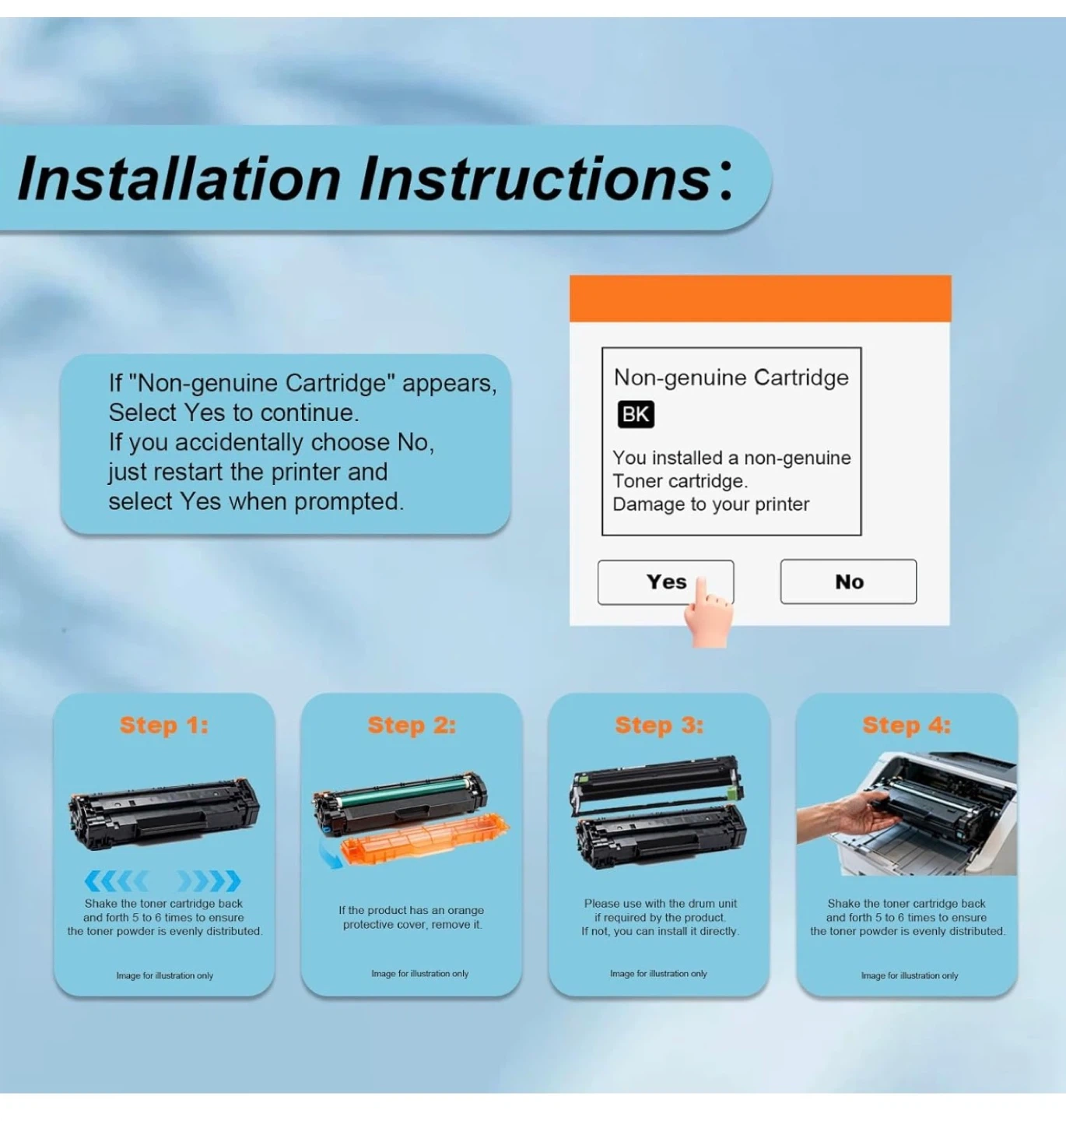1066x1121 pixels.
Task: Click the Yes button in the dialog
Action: [664, 582]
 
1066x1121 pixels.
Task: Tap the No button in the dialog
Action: [848, 582]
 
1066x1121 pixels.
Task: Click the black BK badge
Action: [636, 414]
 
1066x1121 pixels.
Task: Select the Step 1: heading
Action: [164, 726]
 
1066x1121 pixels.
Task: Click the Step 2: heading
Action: [412, 726]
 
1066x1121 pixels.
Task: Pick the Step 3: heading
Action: [660, 726]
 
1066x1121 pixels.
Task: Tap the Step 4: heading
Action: [907, 726]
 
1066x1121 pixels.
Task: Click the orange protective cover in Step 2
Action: [425, 838]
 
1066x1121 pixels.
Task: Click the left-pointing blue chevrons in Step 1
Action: [116, 881]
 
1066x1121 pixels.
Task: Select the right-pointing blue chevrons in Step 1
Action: [209, 881]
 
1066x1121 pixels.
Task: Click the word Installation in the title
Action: [179, 179]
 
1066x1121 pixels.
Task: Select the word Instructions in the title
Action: [535, 179]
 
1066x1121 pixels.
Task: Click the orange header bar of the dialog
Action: [760, 298]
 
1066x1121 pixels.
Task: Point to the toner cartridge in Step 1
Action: [164, 813]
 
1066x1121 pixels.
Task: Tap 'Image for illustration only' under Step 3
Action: [658, 973]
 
